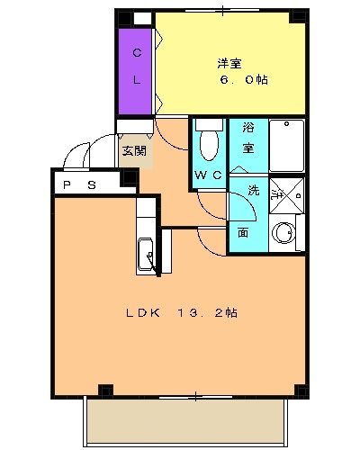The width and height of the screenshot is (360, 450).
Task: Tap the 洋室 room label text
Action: pyautogui.click(x=229, y=64)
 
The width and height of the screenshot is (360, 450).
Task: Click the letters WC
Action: pyautogui.click(x=208, y=175)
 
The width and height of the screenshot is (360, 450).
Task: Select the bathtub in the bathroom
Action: pyautogui.click(x=287, y=144)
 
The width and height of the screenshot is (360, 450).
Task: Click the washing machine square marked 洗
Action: pyautogui.click(x=287, y=191)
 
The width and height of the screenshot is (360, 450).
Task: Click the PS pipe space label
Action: pyautogui.click(x=79, y=184)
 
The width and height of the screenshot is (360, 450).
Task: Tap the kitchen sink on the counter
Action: pyautogui.click(x=146, y=256)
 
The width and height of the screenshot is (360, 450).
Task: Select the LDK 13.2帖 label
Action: pyautogui.click(x=180, y=313)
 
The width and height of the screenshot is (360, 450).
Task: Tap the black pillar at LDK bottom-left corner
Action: pyautogui.click(x=105, y=391)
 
